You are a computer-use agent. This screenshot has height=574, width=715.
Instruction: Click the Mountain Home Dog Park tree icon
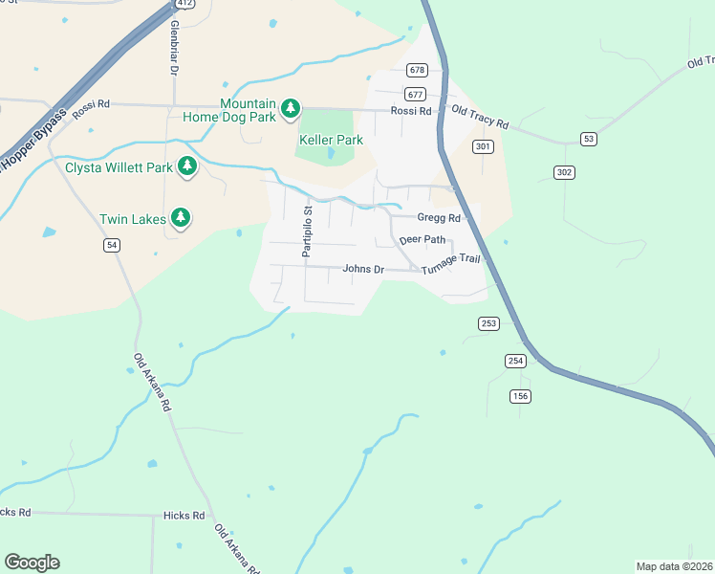point(291,110)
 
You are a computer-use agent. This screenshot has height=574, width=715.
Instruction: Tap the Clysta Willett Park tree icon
point(187,167)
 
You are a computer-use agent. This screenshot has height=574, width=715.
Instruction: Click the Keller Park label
point(331,140)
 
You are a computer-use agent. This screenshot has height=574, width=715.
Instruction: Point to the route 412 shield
point(184,4)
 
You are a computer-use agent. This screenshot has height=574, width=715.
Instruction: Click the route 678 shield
point(416,70)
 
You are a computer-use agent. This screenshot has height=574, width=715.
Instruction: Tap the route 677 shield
point(415,94)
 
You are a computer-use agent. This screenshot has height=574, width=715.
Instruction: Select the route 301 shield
point(483,146)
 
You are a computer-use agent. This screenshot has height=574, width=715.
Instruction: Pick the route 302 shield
point(564,171)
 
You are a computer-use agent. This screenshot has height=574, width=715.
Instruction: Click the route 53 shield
point(588,139)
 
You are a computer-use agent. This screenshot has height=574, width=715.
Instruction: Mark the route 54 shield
point(113,246)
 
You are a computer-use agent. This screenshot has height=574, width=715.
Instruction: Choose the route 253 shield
point(488,323)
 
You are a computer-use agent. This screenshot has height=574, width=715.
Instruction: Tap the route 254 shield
point(515,360)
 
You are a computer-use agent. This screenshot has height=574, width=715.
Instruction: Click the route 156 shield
point(521,396)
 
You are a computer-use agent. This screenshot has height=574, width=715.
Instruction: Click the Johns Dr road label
point(362,270)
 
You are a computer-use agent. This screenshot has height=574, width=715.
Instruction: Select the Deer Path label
point(422,239)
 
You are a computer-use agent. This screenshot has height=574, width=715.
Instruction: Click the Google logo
point(32,563)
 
